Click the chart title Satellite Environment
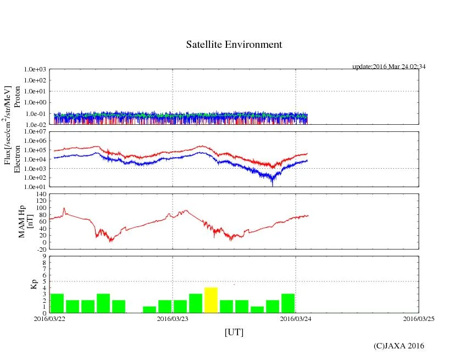[x=234, y=45]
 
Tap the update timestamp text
[x=389, y=67]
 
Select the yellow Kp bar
[x=211, y=300]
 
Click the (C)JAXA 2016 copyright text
[x=398, y=346]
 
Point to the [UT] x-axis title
[x=234, y=332]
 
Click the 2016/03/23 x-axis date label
[x=173, y=319]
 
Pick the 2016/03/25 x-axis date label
[x=419, y=319]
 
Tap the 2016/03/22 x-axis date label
[x=49, y=319]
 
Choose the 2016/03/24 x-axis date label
[x=296, y=319]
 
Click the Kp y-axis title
[x=33, y=284]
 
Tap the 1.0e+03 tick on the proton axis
[x=35, y=70]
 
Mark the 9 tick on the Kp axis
[x=44, y=256]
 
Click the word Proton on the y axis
[x=17, y=97]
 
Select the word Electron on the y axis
[x=17, y=159]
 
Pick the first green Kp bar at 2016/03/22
[x=57, y=303]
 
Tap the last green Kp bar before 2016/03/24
[x=288, y=303]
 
